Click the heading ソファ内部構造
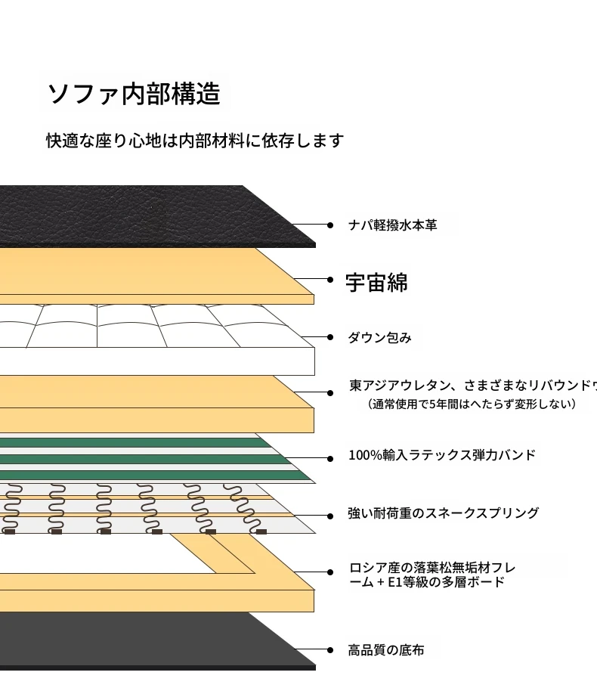click(x=134, y=94)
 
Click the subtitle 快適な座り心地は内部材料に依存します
click(x=194, y=141)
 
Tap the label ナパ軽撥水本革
click(x=392, y=225)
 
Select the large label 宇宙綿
click(x=376, y=283)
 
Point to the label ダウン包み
click(x=379, y=338)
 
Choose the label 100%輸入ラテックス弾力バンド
click(x=441, y=455)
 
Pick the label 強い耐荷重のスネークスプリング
click(x=443, y=513)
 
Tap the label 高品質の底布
click(x=385, y=650)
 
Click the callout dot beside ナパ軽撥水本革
click(x=330, y=225)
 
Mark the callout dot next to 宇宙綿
click(x=330, y=280)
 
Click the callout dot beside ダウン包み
click(x=330, y=337)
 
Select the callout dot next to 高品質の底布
click(x=330, y=650)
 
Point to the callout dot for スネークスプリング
click(x=330, y=516)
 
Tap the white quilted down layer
click(x=151, y=333)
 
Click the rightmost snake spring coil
click(x=249, y=508)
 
